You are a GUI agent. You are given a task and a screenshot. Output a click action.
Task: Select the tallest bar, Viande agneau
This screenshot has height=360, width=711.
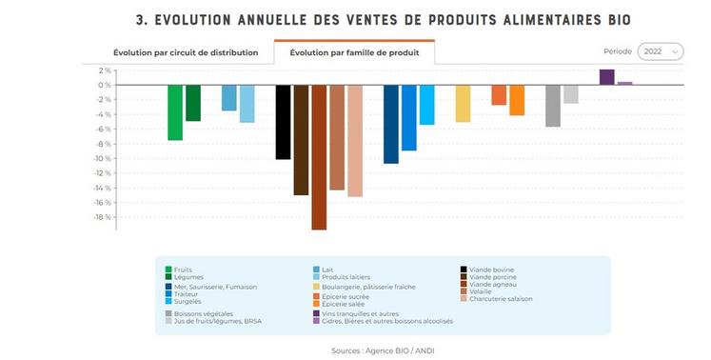319,157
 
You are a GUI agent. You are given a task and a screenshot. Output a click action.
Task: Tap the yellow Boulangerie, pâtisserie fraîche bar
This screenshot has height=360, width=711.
463,103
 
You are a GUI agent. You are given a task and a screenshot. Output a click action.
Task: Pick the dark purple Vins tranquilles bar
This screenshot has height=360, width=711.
606,77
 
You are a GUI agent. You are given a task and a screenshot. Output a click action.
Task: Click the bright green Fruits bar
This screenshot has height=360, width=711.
175,112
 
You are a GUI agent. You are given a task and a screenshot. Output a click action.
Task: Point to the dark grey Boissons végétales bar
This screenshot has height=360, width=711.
553,106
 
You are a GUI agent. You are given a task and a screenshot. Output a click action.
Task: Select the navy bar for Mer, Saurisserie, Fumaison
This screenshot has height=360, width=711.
391,124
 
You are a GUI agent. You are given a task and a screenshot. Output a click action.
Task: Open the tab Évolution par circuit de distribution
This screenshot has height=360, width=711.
185,52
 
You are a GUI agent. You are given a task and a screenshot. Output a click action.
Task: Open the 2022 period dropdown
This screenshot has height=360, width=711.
661,51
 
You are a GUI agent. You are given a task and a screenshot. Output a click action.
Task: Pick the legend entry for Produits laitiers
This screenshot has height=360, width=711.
348,276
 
